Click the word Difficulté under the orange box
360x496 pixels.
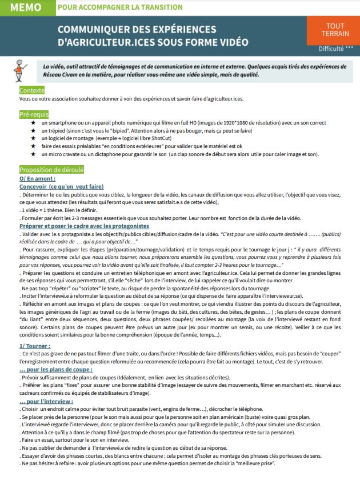pos(328,49)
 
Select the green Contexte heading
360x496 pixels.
pos(31,91)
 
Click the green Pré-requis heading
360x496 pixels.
pos(34,115)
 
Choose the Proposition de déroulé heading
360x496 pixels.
pos(51,170)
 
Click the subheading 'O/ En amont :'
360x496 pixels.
pos(38,178)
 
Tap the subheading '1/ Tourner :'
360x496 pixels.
pos(35,346)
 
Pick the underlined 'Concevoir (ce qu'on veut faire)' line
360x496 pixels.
pos(62,186)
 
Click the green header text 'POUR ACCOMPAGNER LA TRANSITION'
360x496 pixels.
pos(120,7)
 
